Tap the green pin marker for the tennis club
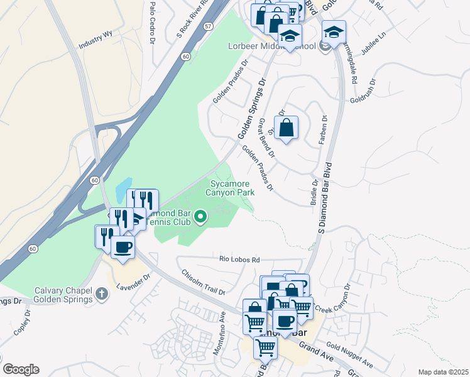(x=200, y=217)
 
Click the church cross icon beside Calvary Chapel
(x=102, y=293)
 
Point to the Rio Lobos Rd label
(x=239, y=260)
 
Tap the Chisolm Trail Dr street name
(x=203, y=282)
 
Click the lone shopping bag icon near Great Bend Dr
(x=286, y=128)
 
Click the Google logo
(x=21, y=369)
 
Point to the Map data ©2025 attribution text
(x=443, y=372)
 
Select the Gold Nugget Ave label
(x=349, y=356)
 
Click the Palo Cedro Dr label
(x=152, y=22)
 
